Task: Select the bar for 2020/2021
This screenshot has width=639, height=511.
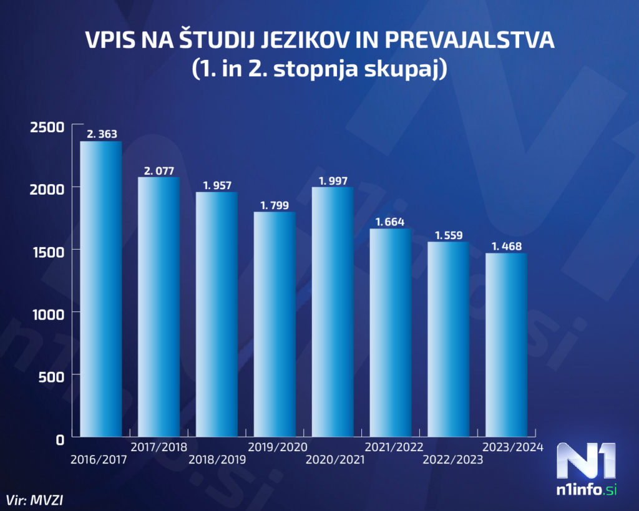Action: point(333,312)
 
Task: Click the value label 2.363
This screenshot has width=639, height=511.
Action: point(102,134)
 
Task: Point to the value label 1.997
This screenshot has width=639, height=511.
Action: point(333,181)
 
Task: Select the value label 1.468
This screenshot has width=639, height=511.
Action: point(507,246)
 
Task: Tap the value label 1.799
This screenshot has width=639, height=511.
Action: point(275,205)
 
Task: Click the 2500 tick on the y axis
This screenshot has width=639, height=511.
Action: point(47,127)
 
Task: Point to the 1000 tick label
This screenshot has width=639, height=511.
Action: point(47,314)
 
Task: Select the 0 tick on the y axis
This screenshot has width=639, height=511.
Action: point(59,439)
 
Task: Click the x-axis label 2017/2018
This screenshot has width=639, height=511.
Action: point(159,447)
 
